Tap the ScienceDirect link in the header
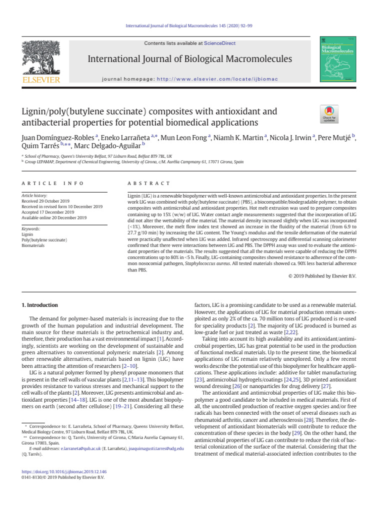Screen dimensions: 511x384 tap(220, 43)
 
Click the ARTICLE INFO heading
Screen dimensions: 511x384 tap(45, 184)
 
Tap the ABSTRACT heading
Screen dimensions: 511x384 tap(149, 184)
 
